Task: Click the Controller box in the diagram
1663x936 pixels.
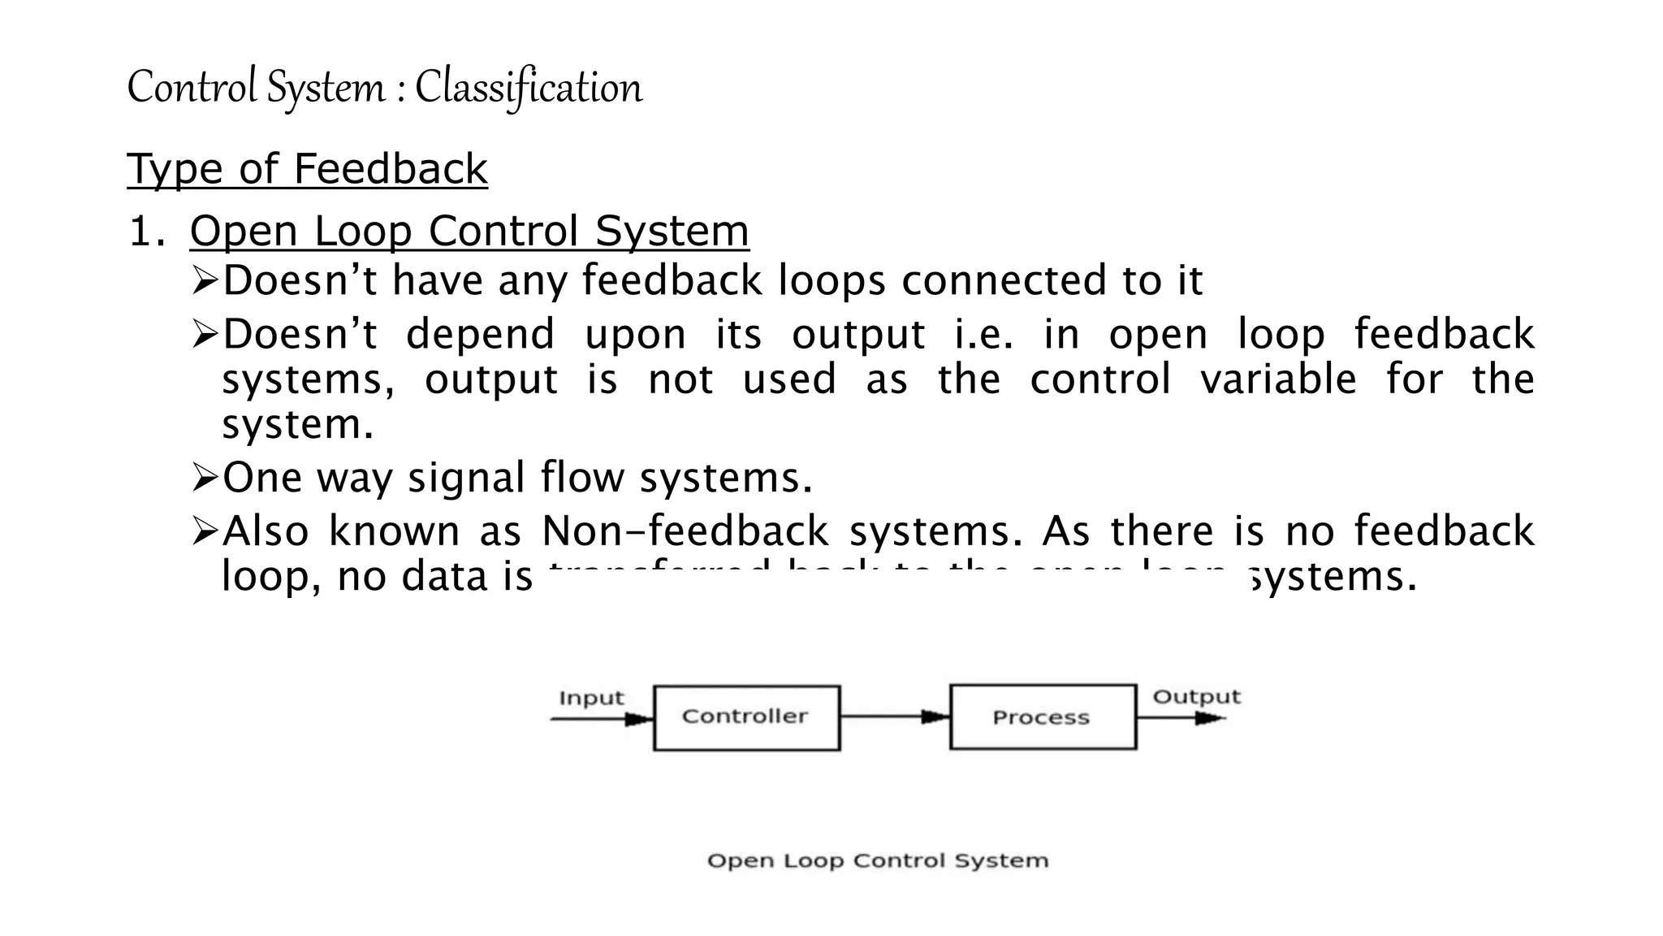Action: (x=746, y=717)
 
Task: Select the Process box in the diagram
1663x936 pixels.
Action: (x=1043, y=717)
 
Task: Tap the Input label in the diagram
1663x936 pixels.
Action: (x=591, y=698)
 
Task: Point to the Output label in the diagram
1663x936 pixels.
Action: (x=1197, y=696)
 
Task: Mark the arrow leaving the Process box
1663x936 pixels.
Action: (x=1181, y=718)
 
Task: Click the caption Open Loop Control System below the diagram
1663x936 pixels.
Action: (x=878, y=860)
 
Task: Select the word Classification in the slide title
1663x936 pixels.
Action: (x=529, y=88)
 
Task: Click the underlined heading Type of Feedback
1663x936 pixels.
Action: (x=307, y=169)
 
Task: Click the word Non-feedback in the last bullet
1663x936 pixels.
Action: (x=685, y=531)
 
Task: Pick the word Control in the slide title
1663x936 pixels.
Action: (x=192, y=88)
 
